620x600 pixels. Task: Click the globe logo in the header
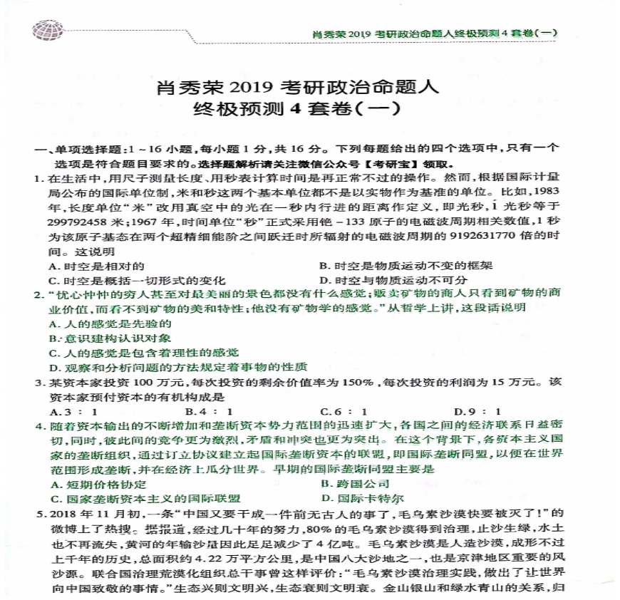(48, 29)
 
